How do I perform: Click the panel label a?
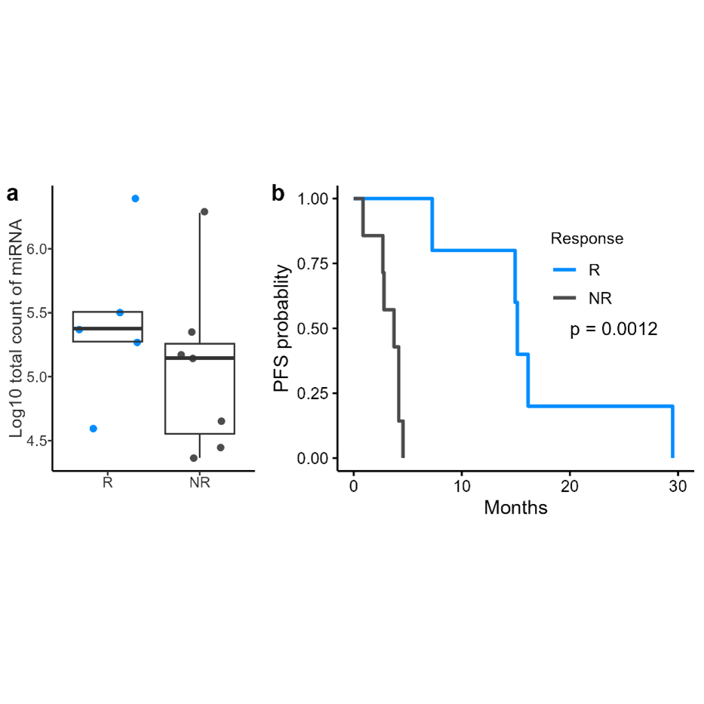pyautogui.click(x=12, y=194)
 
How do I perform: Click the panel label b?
pyautogui.click(x=278, y=194)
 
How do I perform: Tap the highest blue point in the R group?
pyautogui.click(x=136, y=198)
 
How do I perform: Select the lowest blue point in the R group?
pyautogui.click(x=94, y=429)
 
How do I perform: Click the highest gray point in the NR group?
pyautogui.click(x=204, y=212)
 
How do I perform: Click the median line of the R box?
pyautogui.click(x=107, y=328)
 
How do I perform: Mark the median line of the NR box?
pyautogui.click(x=200, y=358)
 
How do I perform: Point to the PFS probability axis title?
pyautogui.click(x=281, y=328)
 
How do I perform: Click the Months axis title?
pyautogui.click(x=515, y=507)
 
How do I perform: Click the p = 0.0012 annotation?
pyautogui.click(x=613, y=330)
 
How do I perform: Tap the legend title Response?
pyautogui.click(x=587, y=239)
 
